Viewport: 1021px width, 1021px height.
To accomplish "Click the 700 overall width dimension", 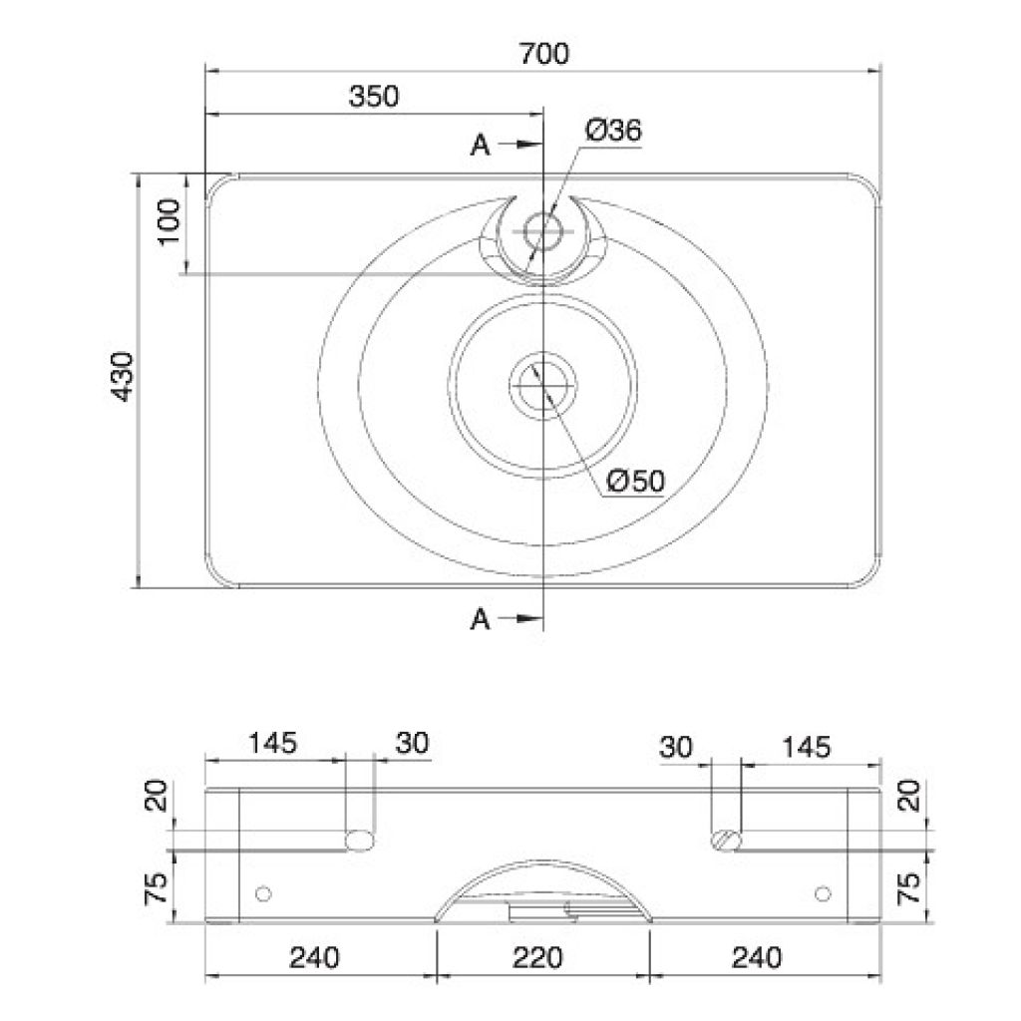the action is pos(543,54).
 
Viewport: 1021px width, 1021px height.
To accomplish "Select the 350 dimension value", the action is pos(374,97).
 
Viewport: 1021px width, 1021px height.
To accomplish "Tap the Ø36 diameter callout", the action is pos(613,131).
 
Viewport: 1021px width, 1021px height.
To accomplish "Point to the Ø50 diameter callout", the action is pos(635,482).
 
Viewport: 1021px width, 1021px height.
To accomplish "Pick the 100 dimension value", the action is pos(169,222).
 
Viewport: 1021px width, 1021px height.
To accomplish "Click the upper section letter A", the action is pos(480,146).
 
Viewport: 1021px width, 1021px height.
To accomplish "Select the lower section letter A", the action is pos(480,619).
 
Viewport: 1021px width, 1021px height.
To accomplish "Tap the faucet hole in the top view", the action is pos(543,231).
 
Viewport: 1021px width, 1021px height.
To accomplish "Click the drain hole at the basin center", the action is pos(543,386).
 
